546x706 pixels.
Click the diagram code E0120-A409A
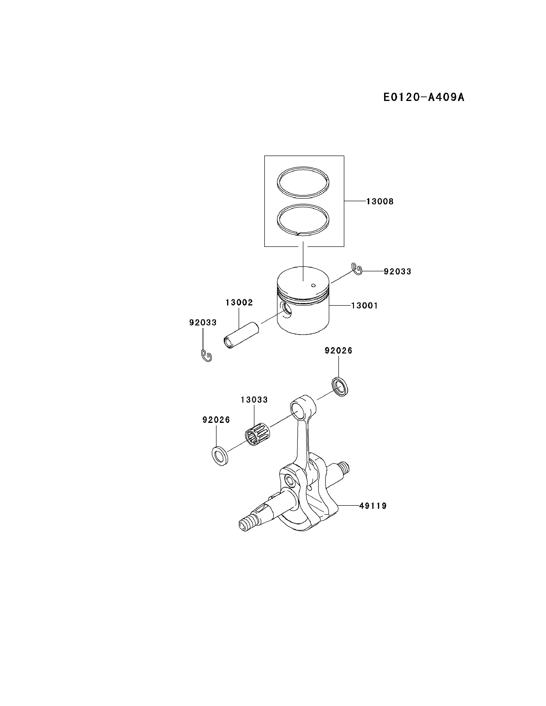[x=423, y=97]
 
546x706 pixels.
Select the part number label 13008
[x=380, y=201]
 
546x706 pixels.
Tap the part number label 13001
[x=364, y=305]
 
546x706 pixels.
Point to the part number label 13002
[x=239, y=303]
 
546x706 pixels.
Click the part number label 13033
[x=254, y=400]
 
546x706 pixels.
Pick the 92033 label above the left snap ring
[x=203, y=322]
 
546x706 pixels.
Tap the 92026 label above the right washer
[x=338, y=350]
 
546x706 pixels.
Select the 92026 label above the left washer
[x=216, y=420]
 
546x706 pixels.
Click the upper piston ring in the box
[x=303, y=168]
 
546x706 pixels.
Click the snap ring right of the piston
[x=357, y=269]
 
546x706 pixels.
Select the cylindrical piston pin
[x=242, y=335]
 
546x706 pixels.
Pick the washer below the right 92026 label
[x=340, y=387]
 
